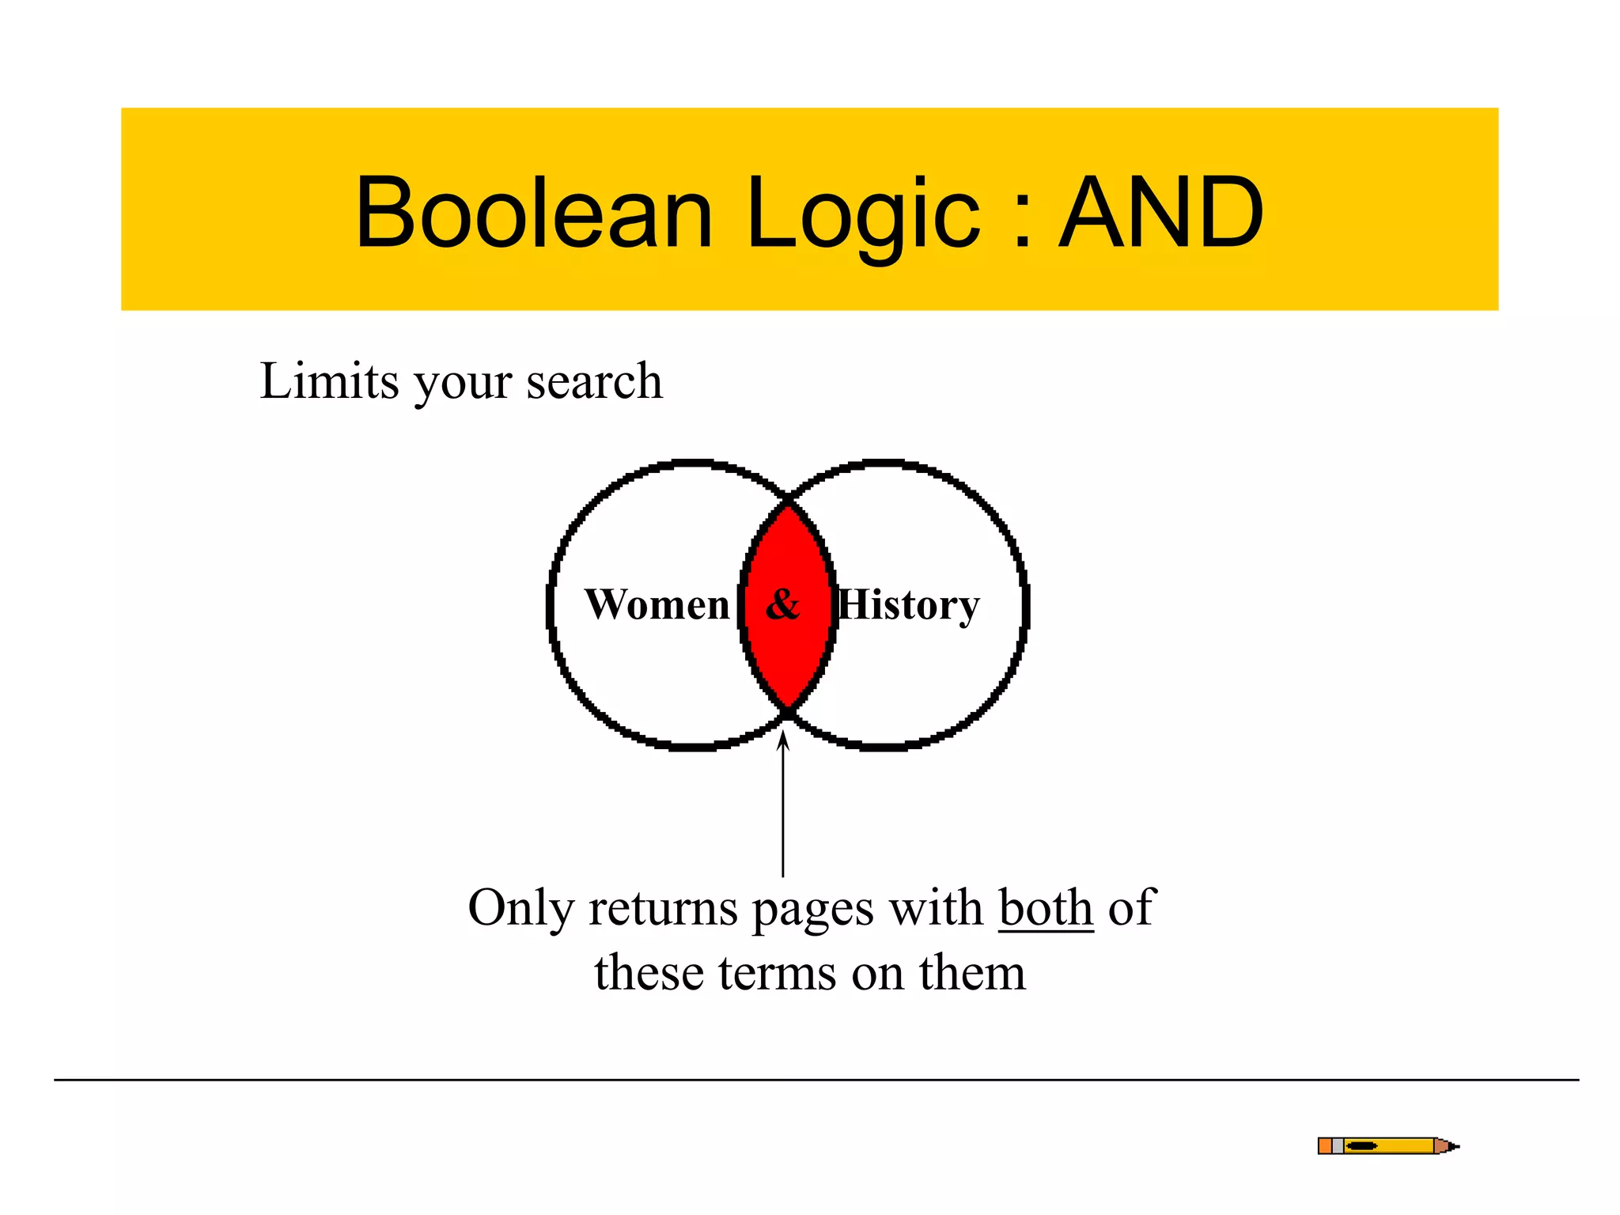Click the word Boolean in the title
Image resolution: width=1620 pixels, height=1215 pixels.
(x=534, y=212)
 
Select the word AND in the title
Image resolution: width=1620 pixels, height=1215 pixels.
(x=1160, y=212)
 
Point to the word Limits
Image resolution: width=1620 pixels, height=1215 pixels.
(x=329, y=380)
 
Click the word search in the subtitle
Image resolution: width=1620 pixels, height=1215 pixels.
(x=594, y=382)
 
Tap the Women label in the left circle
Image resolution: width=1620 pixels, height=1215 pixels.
(x=657, y=605)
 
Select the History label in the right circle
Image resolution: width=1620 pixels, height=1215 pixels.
(x=909, y=606)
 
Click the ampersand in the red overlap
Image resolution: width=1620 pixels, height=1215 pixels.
(x=783, y=605)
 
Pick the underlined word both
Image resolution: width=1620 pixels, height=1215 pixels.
(x=1046, y=907)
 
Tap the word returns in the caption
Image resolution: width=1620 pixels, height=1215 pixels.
(x=663, y=909)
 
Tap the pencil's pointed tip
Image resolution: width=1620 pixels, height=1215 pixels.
(x=1454, y=1145)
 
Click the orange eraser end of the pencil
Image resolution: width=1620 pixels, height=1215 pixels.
(x=1325, y=1145)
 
